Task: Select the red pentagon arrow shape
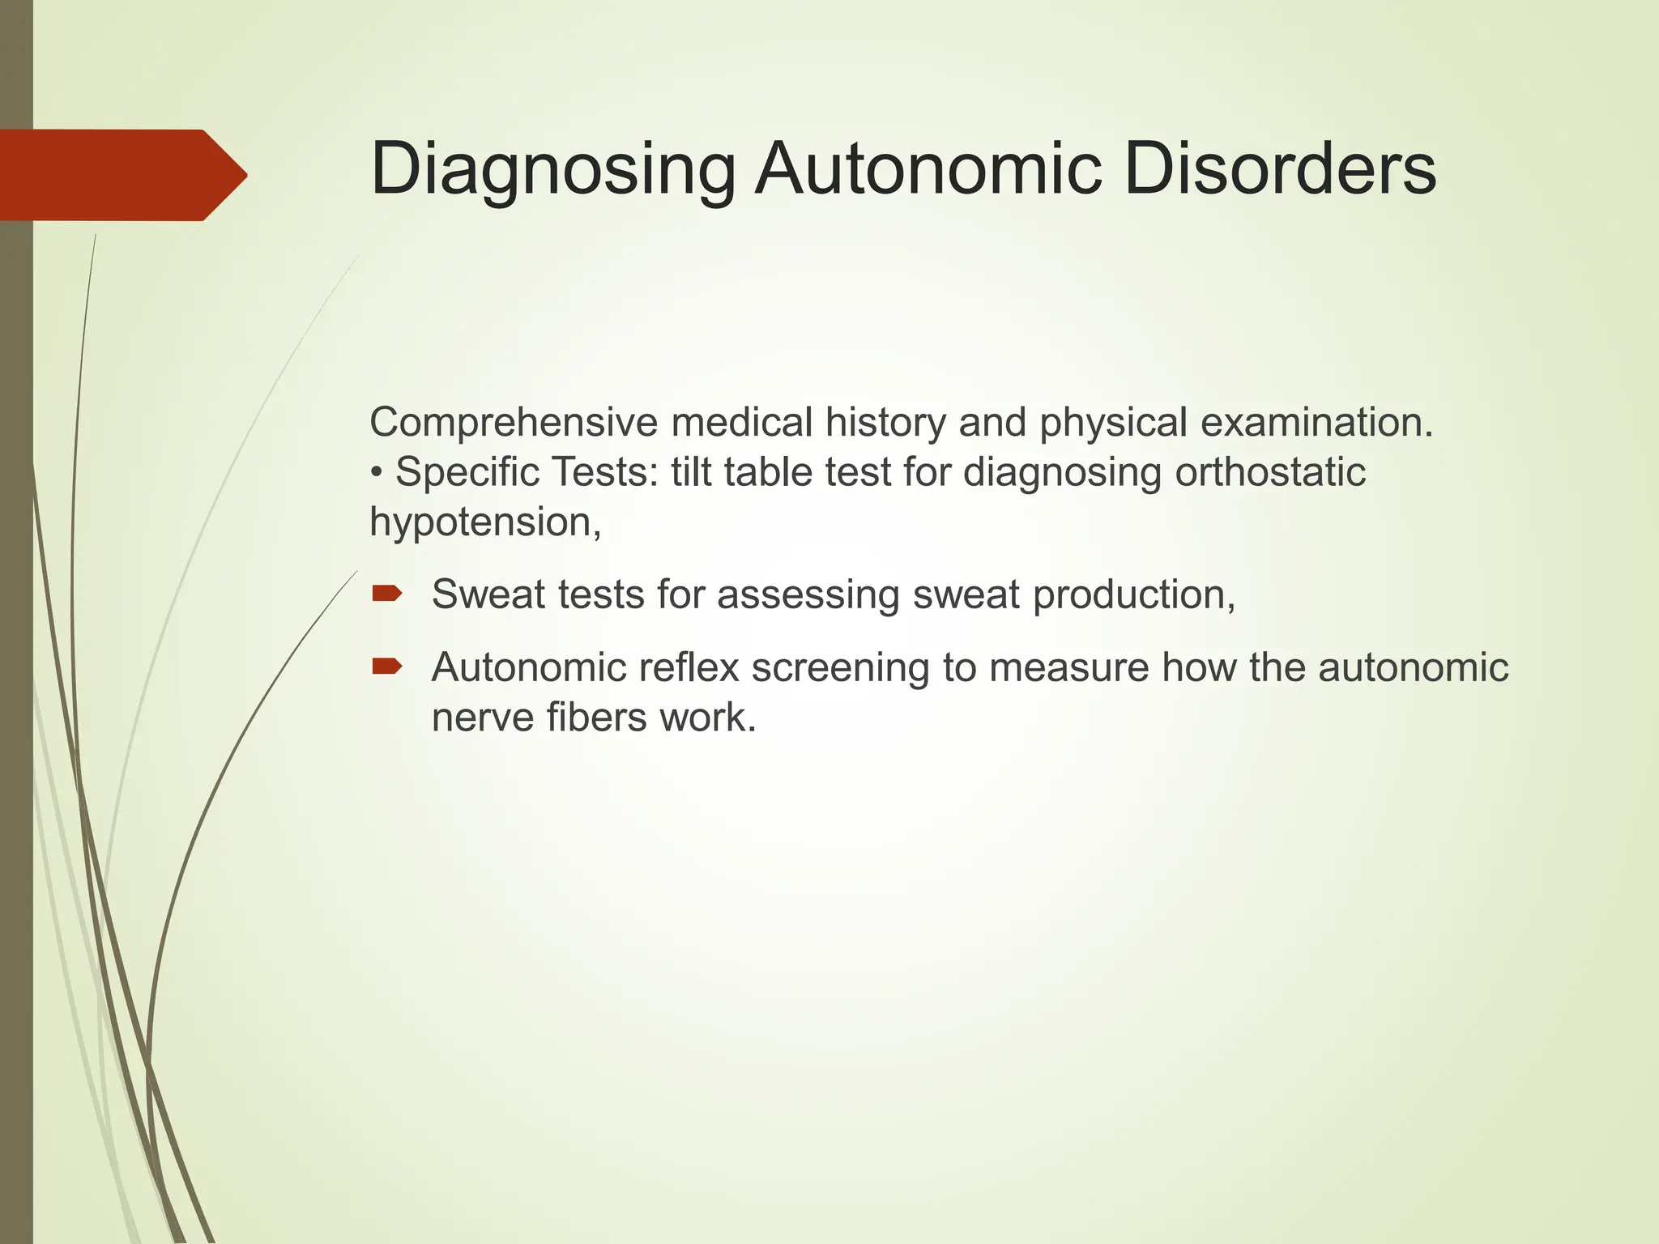(x=122, y=175)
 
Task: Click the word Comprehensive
(x=513, y=423)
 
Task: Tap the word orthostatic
(x=1270, y=472)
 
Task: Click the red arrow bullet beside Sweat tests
(x=386, y=594)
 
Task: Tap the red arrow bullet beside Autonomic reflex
(x=386, y=667)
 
